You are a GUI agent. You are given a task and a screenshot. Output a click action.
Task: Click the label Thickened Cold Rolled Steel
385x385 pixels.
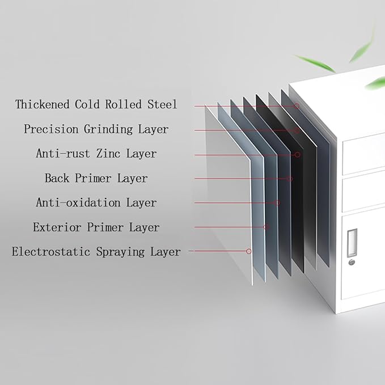[x=96, y=104]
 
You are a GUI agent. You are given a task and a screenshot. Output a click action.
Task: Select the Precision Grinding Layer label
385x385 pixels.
[x=96, y=129]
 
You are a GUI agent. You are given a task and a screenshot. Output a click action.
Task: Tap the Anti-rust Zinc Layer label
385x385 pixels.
[x=96, y=154]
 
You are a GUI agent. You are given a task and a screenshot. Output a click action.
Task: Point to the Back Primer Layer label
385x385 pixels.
[x=96, y=178]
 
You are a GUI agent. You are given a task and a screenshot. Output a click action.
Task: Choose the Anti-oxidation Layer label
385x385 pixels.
[x=96, y=202]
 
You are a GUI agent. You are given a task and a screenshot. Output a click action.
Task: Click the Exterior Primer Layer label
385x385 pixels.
[x=96, y=227]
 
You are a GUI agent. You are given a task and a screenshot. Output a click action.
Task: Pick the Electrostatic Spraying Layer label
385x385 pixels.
[x=96, y=252]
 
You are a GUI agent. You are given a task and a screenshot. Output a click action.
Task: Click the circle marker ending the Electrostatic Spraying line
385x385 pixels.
[x=249, y=251]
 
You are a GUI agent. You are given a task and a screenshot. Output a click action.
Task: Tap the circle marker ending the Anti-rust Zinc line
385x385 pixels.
[x=297, y=155]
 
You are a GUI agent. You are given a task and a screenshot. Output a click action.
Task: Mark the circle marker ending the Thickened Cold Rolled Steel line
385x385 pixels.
[x=297, y=106]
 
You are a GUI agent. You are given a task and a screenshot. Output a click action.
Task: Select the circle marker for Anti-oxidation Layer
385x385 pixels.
[x=277, y=202]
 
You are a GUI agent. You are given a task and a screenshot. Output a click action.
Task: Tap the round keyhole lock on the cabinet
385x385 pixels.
[x=352, y=262]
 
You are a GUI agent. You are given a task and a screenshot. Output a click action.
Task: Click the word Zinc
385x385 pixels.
[x=108, y=154]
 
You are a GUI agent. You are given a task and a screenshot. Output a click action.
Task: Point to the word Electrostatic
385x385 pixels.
[x=51, y=252]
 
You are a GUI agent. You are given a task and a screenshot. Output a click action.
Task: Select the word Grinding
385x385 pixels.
[x=108, y=129]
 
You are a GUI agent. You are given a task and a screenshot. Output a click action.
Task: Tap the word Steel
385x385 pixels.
[x=162, y=104]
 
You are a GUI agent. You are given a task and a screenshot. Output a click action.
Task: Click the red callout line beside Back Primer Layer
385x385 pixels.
[x=242, y=179]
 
